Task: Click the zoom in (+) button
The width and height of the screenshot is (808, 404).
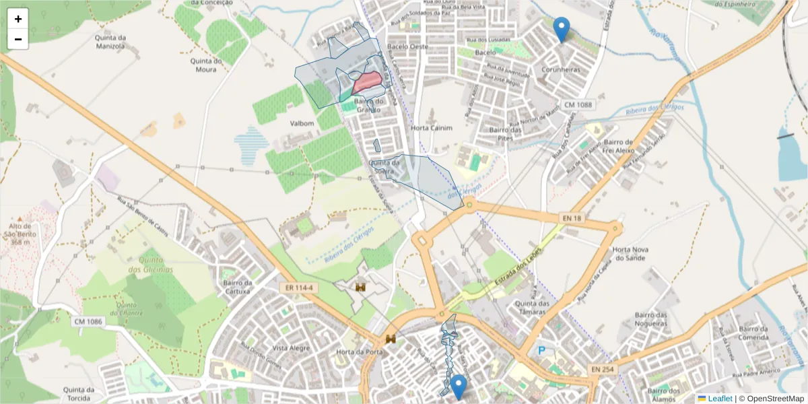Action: pos(18,19)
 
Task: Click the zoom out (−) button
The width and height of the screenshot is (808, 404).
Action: pos(18,39)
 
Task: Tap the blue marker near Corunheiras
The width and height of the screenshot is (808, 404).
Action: pos(561,29)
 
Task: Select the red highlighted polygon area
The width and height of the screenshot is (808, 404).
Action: pos(368,83)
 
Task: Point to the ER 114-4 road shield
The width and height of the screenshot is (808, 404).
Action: pos(298,288)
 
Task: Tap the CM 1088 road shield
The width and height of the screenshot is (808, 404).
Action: pos(578,104)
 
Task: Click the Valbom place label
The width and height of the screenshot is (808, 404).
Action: pos(302,124)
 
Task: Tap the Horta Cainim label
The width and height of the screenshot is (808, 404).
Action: pos(432,128)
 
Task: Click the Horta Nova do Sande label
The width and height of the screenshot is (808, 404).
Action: pos(630,254)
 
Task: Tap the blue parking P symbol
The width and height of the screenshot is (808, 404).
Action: pos(541,351)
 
